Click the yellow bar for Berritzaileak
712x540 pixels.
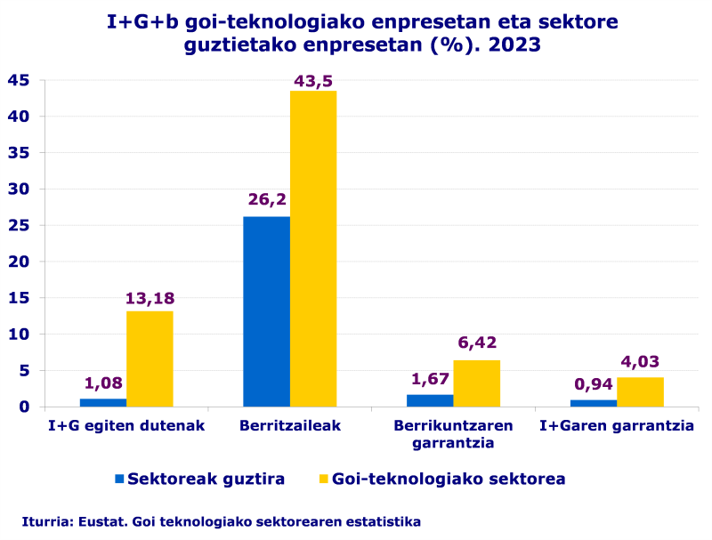click(x=313, y=249)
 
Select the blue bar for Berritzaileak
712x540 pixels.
click(x=266, y=311)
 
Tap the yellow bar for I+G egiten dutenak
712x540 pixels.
click(x=150, y=359)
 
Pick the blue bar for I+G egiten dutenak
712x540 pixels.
click(x=102, y=402)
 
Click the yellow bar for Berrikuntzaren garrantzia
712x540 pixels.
click(x=476, y=383)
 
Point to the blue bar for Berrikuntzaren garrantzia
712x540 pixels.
click(x=430, y=400)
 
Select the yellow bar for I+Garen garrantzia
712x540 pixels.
click(x=640, y=391)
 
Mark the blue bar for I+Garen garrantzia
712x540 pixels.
click(x=593, y=403)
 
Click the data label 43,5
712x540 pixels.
click(x=314, y=81)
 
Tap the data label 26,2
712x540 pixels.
click(x=267, y=199)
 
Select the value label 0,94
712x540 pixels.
click(x=593, y=384)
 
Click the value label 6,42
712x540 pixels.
click(x=476, y=343)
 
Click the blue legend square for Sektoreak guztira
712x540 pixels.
click(x=119, y=479)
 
